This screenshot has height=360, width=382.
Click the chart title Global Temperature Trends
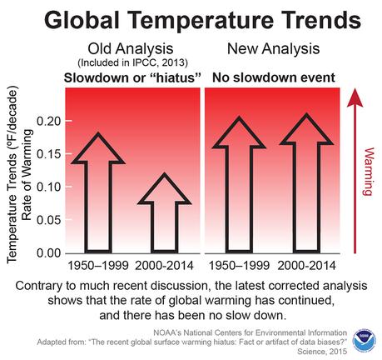click(191, 20)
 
